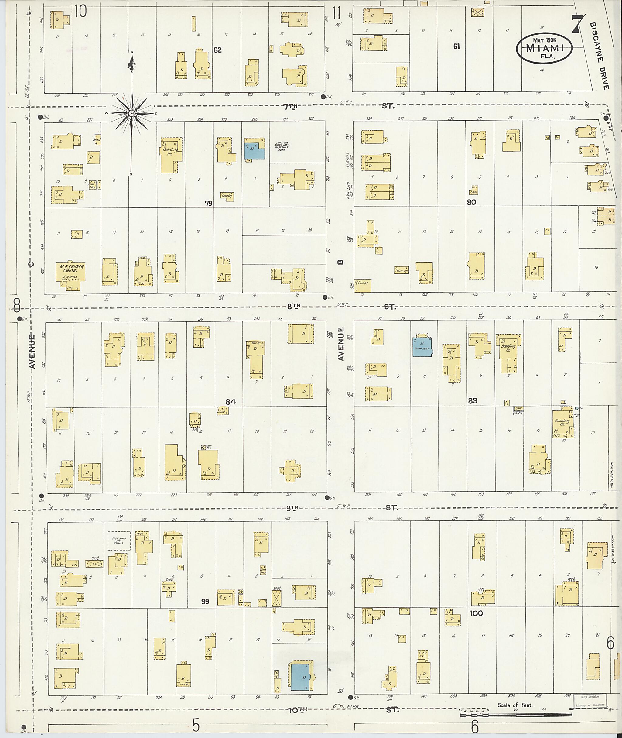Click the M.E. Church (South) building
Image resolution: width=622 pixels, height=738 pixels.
pos(71,276)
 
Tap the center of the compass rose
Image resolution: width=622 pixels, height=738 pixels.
pos(131,113)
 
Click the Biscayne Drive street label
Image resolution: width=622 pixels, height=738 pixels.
pos(600,57)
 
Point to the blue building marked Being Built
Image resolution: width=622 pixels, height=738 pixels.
pos(422,347)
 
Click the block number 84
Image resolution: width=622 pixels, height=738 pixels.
pos(231,401)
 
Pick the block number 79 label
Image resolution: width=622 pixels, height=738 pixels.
pos(209,203)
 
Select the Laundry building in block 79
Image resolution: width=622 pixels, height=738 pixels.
pos(227,196)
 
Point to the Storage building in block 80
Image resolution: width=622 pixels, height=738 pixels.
pos(402,270)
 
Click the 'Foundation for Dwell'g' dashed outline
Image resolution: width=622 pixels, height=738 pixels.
pos(119,541)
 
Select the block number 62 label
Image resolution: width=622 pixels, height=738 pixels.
pos(217,50)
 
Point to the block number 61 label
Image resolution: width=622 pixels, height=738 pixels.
pos(456,46)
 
